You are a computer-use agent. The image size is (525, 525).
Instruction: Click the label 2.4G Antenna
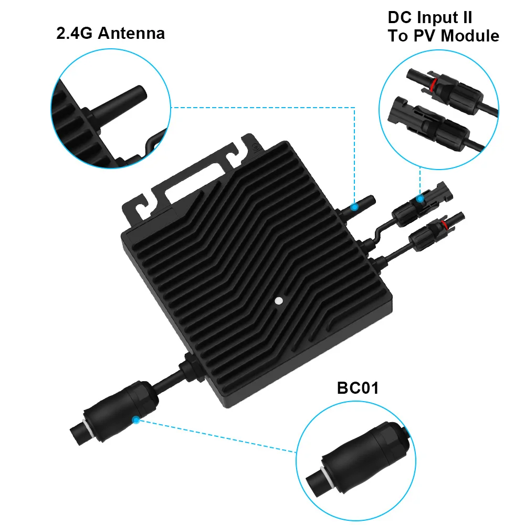point(110,34)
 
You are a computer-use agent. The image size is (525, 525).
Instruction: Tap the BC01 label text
point(358,389)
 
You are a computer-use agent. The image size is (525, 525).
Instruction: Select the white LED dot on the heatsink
point(279,301)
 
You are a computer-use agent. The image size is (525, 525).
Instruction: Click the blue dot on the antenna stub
point(355,207)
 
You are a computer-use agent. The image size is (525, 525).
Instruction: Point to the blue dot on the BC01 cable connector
point(136,419)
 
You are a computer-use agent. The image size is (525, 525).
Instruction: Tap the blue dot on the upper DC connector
point(419,199)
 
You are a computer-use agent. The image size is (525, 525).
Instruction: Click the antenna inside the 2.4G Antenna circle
point(118,100)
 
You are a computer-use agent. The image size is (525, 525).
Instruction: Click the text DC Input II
point(430,17)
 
